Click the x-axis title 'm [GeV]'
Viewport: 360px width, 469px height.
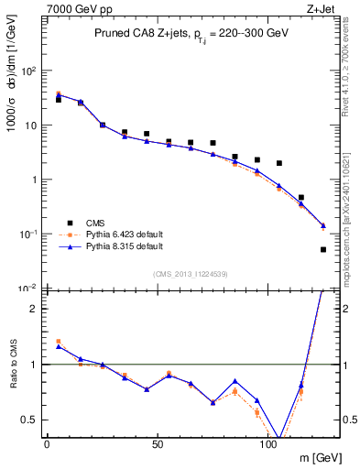point(317,455)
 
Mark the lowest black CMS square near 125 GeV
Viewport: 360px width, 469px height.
point(323,249)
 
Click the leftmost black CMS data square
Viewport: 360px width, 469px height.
point(58,99)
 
